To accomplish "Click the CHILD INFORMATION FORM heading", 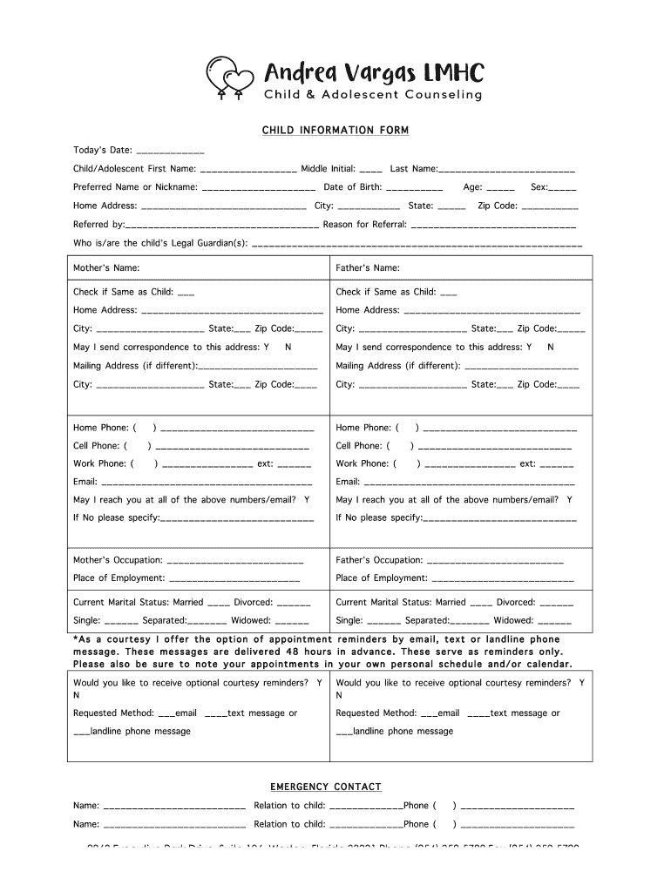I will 335,131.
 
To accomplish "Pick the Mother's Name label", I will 106,268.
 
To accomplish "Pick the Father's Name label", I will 368,268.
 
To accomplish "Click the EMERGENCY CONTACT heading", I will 325,787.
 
